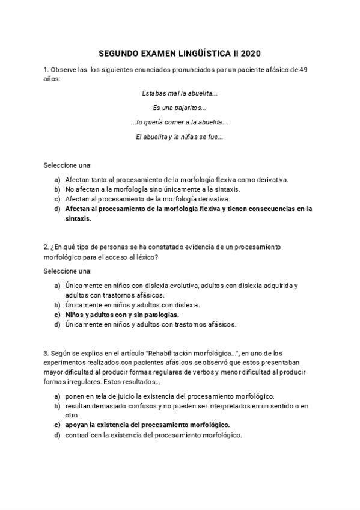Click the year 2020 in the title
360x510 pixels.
coord(251,53)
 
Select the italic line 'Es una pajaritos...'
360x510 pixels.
coord(180,108)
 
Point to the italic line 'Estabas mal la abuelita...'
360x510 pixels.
coord(180,94)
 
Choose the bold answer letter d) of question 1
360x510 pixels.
coord(57,209)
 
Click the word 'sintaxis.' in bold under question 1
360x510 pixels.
coord(78,219)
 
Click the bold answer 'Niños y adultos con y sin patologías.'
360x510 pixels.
coord(122,315)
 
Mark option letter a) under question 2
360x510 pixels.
coord(57,286)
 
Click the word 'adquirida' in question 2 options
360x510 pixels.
coord(276,286)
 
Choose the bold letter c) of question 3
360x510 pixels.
coord(57,425)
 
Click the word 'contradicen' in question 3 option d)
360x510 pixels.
coord(84,435)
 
